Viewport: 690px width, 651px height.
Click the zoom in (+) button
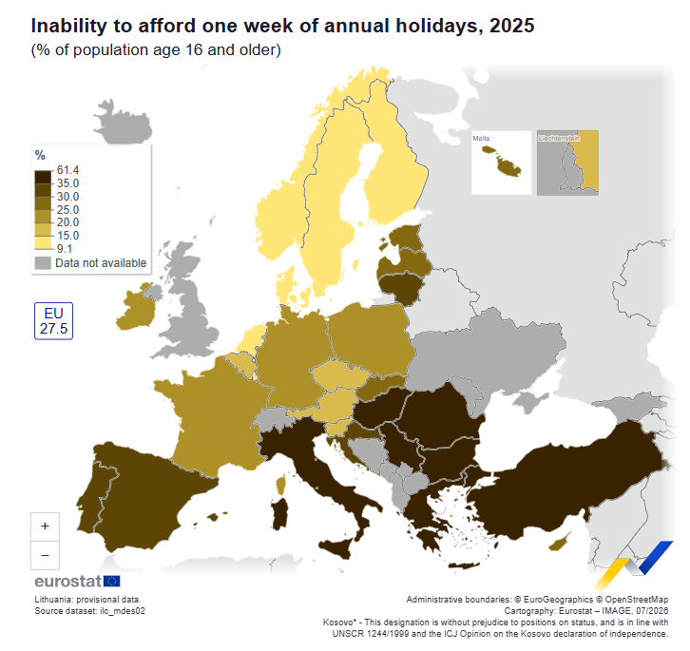click(45, 527)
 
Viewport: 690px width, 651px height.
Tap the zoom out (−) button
click(45, 555)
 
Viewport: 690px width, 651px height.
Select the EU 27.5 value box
click(53, 321)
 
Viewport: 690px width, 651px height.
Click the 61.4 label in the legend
click(67, 170)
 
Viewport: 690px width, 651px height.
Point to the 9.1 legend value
click(65, 249)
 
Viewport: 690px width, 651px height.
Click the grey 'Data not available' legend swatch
click(43, 263)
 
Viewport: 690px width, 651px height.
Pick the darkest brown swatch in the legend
click(43, 177)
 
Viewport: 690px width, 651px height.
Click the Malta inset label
click(481, 138)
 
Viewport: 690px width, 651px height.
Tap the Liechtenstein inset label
click(559, 138)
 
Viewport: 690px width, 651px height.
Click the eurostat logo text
click(67, 582)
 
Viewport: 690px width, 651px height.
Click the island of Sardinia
click(279, 514)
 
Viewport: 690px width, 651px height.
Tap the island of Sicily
click(336, 549)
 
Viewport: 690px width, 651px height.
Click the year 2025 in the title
click(511, 26)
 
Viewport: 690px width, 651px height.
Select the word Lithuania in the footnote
click(53, 600)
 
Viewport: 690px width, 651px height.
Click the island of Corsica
click(281, 485)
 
